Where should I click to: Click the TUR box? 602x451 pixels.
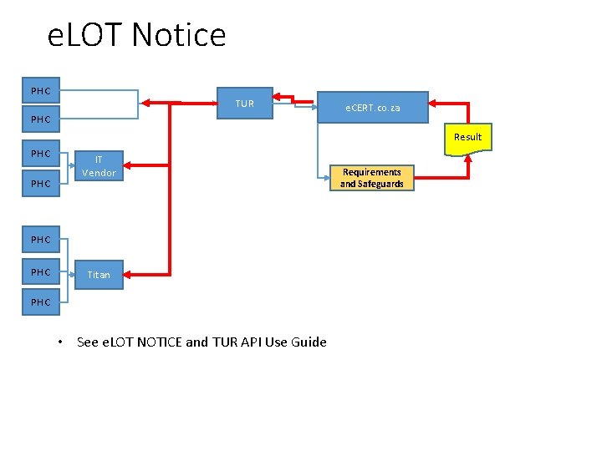[244, 104]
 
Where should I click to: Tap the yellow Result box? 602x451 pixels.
[467, 138]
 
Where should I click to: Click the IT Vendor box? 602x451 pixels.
[99, 166]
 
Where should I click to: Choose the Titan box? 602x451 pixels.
[99, 274]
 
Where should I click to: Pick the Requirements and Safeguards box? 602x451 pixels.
[371, 178]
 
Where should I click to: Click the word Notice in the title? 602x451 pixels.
[179, 36]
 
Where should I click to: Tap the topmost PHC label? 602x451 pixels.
[40, 91]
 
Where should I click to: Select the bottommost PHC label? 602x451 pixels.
[40, 302]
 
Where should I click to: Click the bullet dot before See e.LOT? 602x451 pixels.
[60, 342]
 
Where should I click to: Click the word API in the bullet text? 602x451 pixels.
[251, 342]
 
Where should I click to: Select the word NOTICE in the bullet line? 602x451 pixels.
[151, 342]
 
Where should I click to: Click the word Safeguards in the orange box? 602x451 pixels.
[381, 184]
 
